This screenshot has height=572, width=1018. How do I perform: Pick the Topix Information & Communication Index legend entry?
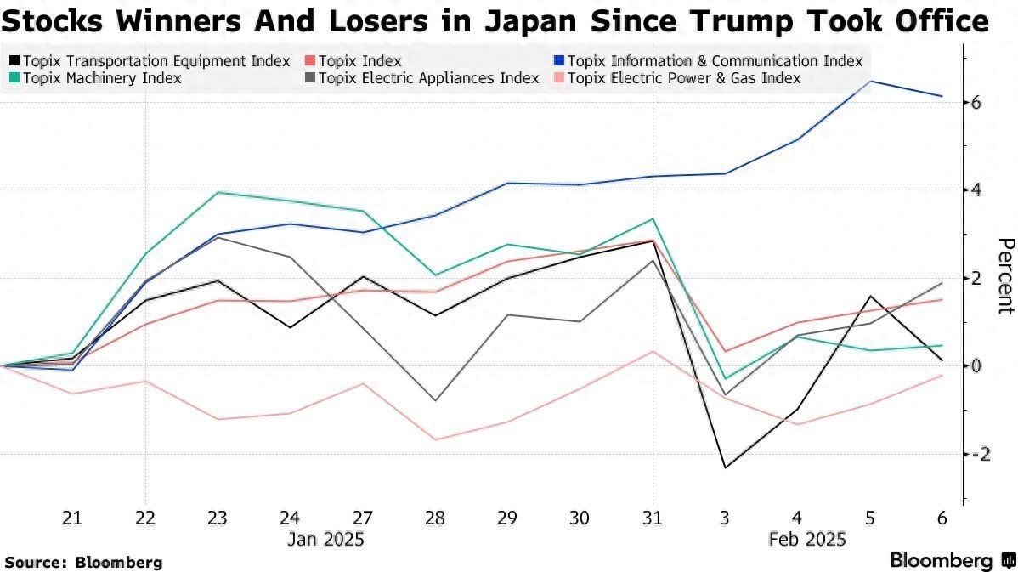pos(715,61)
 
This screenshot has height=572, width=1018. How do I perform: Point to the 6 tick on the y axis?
pos(976,102)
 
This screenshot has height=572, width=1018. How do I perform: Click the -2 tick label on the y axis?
pos(976,454)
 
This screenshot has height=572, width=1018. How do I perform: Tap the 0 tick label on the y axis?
pos(976,365)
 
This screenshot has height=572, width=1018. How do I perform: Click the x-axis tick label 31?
pos(653,518)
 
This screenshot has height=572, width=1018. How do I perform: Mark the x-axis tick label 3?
pos(726,518)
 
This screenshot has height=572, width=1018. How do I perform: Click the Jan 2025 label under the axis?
pos(325,540)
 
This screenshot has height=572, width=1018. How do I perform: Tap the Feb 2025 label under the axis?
pos(807,540)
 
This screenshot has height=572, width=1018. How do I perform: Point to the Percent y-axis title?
pos(1005,275)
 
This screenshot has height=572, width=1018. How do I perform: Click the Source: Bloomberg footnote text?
pos(83,562)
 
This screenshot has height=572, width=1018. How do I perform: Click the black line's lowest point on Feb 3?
pos(726,467)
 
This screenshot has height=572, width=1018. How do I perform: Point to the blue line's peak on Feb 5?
pos(870,82)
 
